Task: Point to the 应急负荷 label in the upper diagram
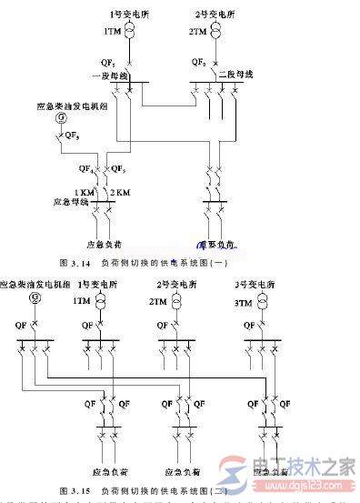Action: click(x=105, y=243)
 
